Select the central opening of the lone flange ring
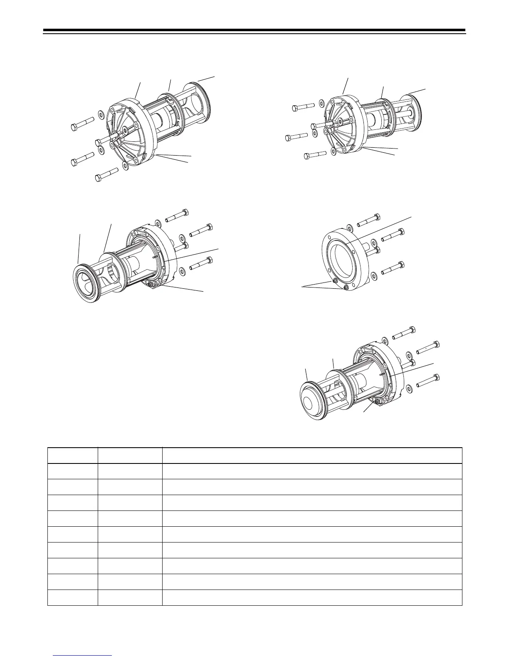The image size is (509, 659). pos(342,261)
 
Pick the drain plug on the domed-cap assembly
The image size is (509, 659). pos(377,402)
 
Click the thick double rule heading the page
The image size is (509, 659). pos(254,31)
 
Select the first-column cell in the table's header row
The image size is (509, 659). pos(72,456)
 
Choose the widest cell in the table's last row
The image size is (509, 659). pos(312,597)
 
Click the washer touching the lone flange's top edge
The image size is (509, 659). pos(350,228)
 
